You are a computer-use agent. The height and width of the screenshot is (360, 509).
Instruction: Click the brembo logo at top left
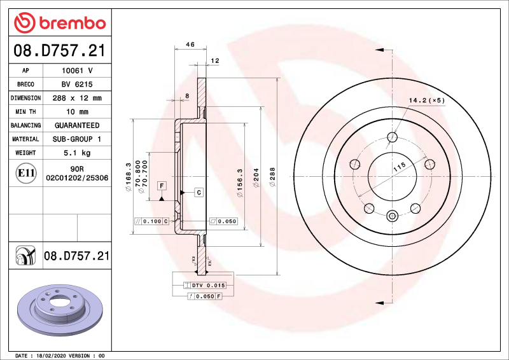pyautogui.click(x=59, y=23)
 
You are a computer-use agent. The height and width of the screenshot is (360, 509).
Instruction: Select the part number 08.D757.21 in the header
pyautogui.click(x=59, y=50)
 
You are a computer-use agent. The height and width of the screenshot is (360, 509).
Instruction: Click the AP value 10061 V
pyautogui.click(x=77, y=71)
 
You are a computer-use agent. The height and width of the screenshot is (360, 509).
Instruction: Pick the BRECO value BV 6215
pyautogui.click(x=77, y=85)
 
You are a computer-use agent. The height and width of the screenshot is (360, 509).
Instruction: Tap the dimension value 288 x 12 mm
pyautogui.click(x=77, y=99)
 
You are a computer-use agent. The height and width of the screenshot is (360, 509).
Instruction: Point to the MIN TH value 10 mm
pyautogui.click(x=77, y=112)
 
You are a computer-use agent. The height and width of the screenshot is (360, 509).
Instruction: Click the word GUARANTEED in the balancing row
pyautogui.click(x=77, y=125)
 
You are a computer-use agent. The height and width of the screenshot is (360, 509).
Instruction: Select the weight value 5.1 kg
pyautogui.click(x=77, y=153)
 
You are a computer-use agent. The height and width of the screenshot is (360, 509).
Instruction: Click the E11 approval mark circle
pyautogui.click(x=26, y=173)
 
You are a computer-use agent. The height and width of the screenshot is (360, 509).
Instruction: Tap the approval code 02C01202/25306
pyautogui.click(x=77, y=179)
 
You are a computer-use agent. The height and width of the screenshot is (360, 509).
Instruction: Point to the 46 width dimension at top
pyautogui.click(x=190, y=45)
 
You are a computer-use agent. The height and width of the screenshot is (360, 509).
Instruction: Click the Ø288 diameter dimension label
pyautogui.click(x=272, y=176)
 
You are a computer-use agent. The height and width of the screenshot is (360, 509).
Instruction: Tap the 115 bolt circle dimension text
pyautogui.click(x=399, y=168)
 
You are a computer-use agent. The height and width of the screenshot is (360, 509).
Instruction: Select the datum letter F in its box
pyautogui.click(x=162, y=186)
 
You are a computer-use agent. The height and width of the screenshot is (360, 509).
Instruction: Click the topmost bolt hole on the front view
pyautogui.click(x=393, y=137)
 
